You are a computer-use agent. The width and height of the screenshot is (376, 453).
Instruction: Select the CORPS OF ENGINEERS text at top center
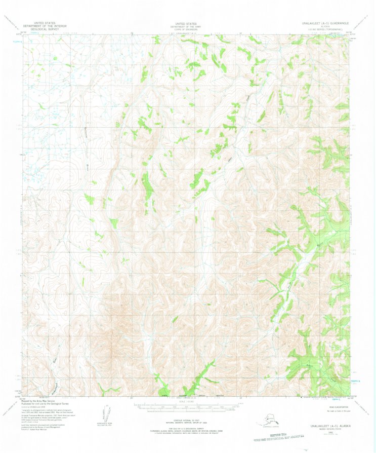pos(186,29)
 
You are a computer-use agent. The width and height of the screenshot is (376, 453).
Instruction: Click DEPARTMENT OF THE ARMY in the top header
pos(186,26)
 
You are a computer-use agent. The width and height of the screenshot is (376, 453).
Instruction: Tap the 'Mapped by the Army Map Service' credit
pos(41,400)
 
